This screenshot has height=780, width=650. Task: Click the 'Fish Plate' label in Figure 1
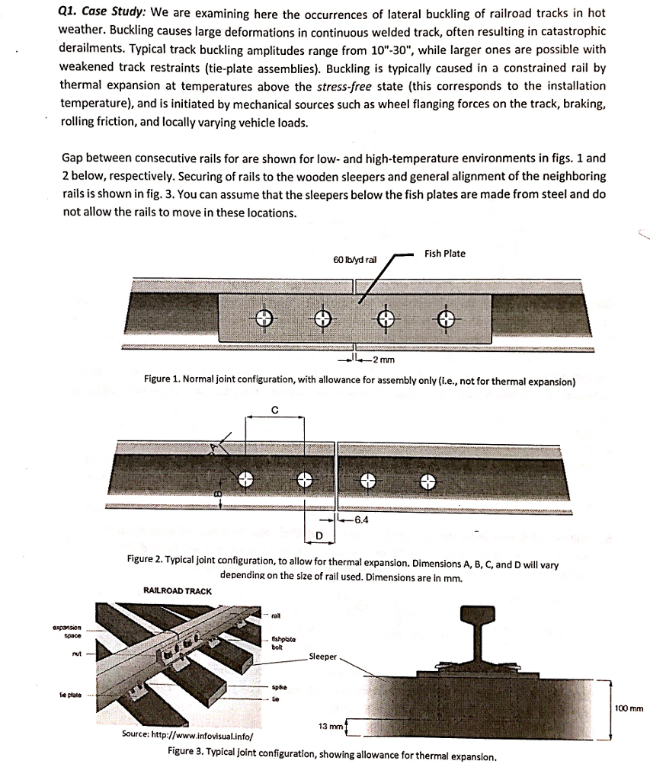pyautogui.click(x=445, y=254)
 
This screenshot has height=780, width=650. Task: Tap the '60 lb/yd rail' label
pyautogui.click(x=355, y=260)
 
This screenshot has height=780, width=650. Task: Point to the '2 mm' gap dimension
pyautogui.click(x=379, y=359)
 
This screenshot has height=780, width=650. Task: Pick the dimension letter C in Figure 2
pyautogui.click(x=274, y=410)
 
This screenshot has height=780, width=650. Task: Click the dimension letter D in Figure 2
pyautogui.click(x=319, y=536)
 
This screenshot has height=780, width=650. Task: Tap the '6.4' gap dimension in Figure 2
pyautogui.click(x=361, y=521)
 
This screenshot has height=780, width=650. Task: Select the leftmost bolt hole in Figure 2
pyautogui.click(x=245, y=479)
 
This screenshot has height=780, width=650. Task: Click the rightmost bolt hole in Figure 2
pyautogui.click(x=428, y=480)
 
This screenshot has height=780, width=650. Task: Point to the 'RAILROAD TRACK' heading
pyautogui.click(x=178, y=590)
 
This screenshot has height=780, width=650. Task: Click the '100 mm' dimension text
pyautogui.click(x=629, y=708)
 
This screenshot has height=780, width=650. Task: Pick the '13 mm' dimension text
pyautogui.click(x=329, y=727)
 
